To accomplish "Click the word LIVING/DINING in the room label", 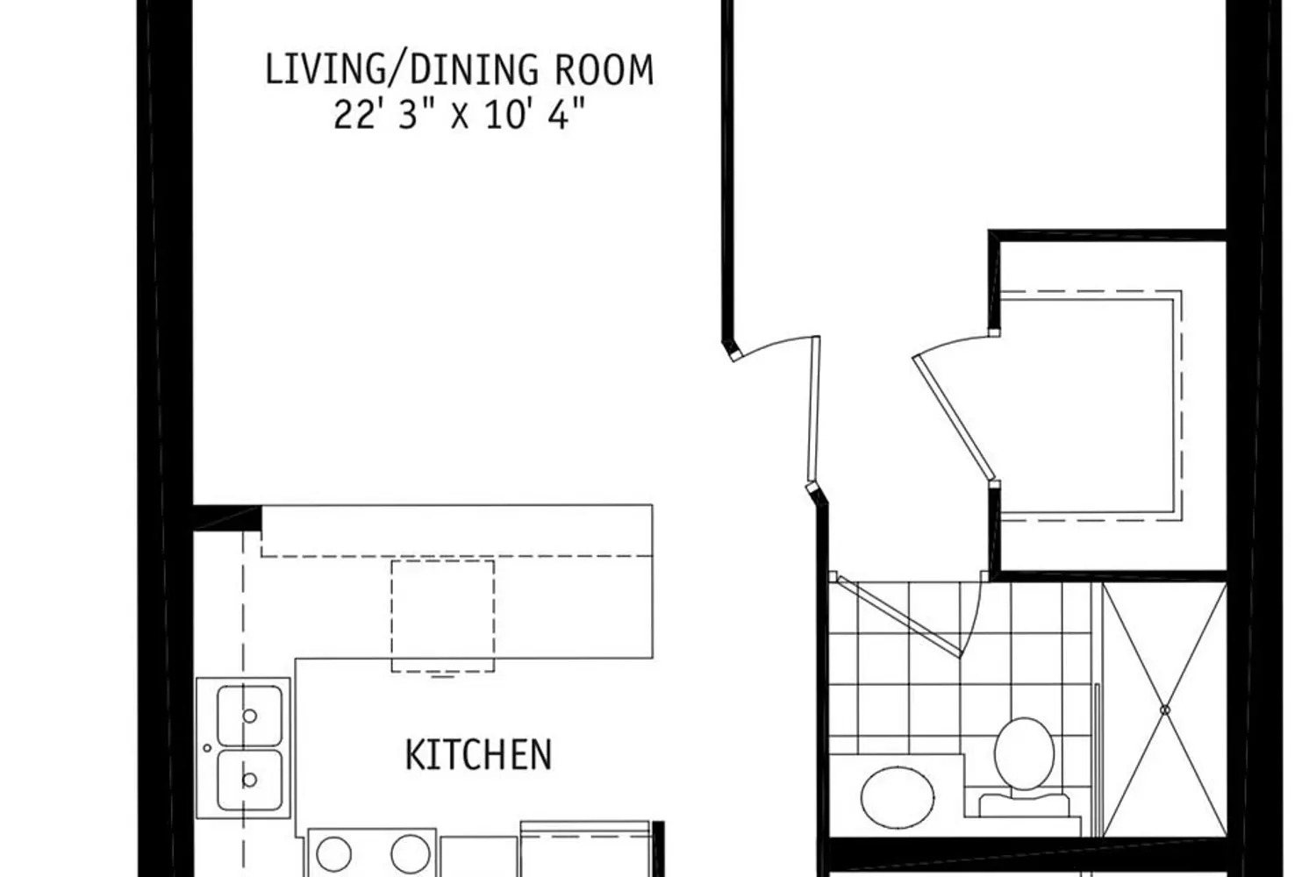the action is pos(401,70).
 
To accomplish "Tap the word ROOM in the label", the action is pos(604,70).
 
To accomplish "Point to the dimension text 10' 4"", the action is pos(536,114).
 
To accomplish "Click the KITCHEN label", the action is pos(479,755).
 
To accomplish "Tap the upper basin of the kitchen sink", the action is pos(250,716).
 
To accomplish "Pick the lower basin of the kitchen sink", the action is pos(250,780).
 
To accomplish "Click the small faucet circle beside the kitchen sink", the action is pos(207,748).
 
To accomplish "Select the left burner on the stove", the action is pos(333,854).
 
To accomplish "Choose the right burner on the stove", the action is pos(410,854).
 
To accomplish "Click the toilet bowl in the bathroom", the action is pos(1024,753).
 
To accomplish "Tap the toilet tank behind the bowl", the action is pos(1024,805).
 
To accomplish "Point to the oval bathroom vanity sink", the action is pos(898,797).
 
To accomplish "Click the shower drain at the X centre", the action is pos(1165,710).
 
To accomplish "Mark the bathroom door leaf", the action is pos(900,617).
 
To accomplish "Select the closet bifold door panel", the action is pos(954,417).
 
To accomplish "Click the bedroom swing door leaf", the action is pos(813,412).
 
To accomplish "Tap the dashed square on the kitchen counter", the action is pos(443,616).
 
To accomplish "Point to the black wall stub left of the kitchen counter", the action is pos(227,517).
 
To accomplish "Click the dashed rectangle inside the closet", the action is pos(1091,406).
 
